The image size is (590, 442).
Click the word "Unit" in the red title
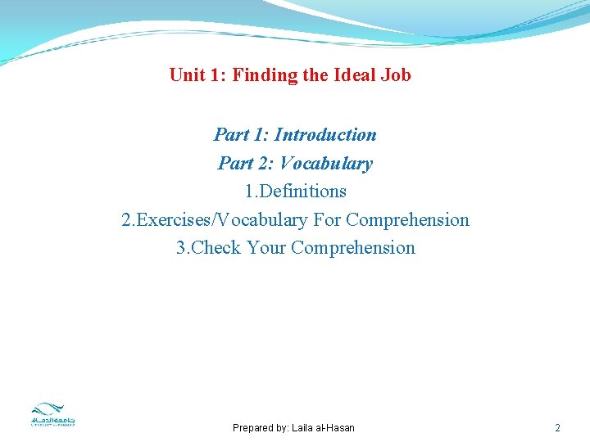click(x=186, y=75)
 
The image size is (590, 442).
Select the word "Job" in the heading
click(x=396, y=75)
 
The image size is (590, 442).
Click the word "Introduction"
click(x=325, y=135)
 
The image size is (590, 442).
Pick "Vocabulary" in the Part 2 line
click(x=326, y=164)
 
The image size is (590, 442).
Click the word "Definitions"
click(x=301, y=192)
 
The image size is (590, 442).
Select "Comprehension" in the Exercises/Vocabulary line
click(x=408, y=220)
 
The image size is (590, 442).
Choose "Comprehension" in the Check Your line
click(x=353, y=248)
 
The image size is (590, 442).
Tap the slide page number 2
click(x=557, y=428)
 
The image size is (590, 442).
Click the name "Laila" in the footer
click(x=303, y=428)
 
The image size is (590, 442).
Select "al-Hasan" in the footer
click(x=336, y=428)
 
